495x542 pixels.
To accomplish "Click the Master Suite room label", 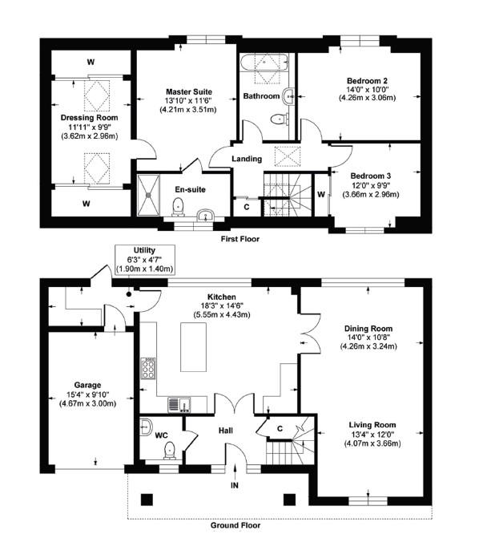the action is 189,92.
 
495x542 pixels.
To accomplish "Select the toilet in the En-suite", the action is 179,207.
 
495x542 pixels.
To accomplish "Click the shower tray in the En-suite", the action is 148,195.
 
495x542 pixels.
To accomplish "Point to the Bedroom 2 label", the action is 367,81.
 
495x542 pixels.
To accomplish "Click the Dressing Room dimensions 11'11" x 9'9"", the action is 90,127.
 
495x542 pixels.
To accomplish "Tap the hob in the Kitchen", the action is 148,368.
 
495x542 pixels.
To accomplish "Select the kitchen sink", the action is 179,405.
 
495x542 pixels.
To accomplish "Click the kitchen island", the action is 194,347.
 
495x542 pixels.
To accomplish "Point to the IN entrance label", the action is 235,485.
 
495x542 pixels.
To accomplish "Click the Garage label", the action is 88,385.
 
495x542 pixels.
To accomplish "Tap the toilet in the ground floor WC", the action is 170,451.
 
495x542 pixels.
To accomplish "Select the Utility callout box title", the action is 144,250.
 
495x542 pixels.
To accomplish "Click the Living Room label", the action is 372,425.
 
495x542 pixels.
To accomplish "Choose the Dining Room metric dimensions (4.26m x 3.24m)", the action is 368,346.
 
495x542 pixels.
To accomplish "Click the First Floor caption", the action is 240,239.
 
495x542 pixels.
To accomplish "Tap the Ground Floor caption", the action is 235,525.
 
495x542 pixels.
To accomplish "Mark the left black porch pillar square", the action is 147,500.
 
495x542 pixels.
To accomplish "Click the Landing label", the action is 247,159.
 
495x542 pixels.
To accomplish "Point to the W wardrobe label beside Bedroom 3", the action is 321,195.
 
